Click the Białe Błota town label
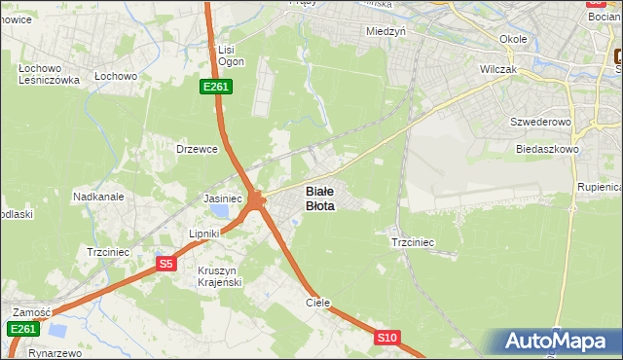320,198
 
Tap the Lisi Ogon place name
228,55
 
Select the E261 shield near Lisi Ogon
216,88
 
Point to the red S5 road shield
165,264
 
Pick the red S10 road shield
387,338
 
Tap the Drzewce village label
195,149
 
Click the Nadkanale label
98,197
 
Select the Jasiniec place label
222,198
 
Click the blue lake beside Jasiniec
223,211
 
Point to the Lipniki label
205,234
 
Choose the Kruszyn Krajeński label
219,275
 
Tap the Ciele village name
318,303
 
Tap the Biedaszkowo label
548,150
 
